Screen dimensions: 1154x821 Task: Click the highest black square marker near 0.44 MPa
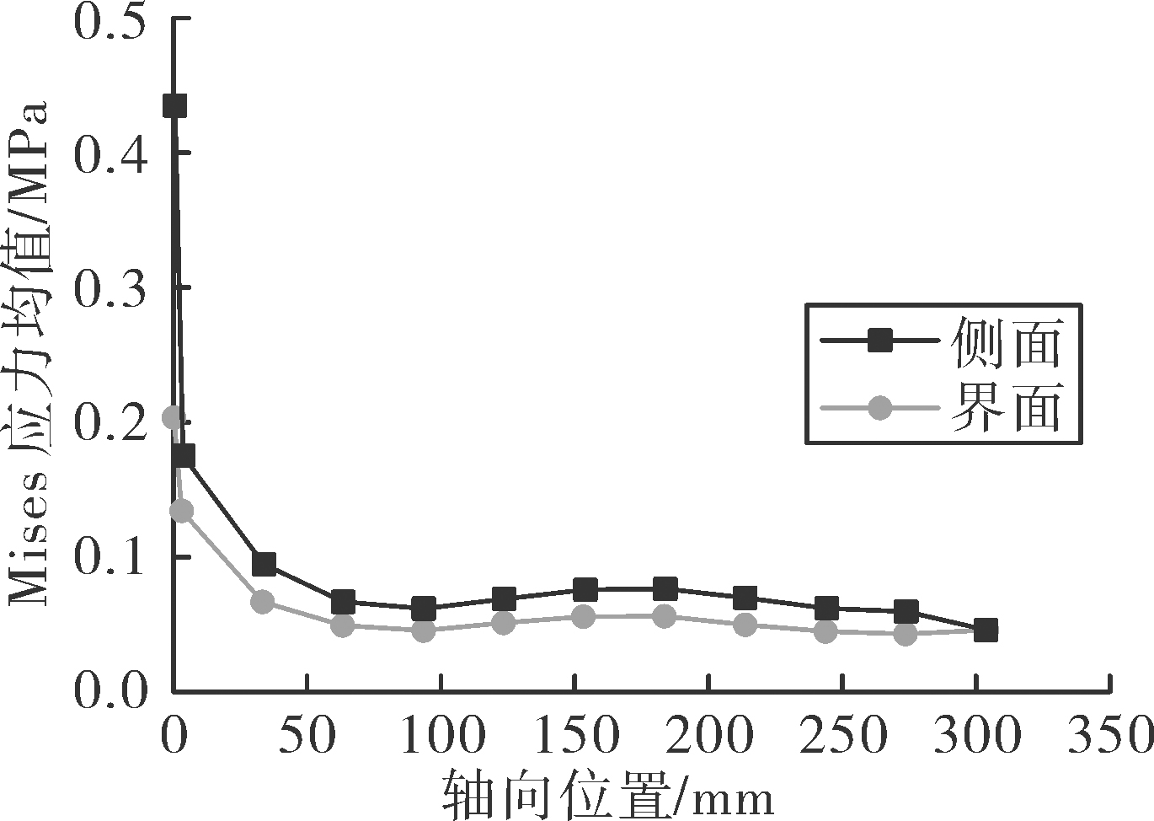[174, 106]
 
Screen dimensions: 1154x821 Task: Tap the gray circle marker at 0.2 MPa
[174, 417]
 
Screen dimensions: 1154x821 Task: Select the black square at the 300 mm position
[986, 630]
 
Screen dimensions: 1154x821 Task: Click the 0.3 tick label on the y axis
[110, 290]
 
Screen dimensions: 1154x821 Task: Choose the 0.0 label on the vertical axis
[110, 691]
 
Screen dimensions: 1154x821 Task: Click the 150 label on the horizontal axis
[575, 734]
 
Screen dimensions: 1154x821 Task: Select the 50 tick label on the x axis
[307, 734]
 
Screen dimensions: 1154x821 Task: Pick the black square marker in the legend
[879, 341]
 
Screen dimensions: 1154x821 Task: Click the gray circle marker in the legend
[879, 408]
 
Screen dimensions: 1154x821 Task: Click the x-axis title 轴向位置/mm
[608, 796]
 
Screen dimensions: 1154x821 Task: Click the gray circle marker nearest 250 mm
[825, 631]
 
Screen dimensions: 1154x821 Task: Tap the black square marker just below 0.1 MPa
[264, 565]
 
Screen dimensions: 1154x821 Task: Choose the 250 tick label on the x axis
[842, 734]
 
